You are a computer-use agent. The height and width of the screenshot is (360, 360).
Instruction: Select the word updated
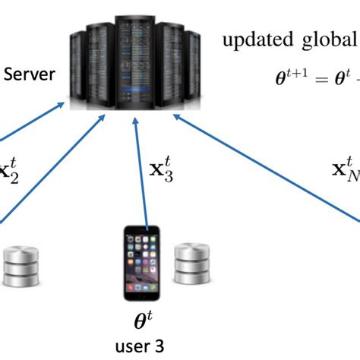coord(253,40)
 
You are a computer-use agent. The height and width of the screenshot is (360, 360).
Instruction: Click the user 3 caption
coord(140,346)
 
